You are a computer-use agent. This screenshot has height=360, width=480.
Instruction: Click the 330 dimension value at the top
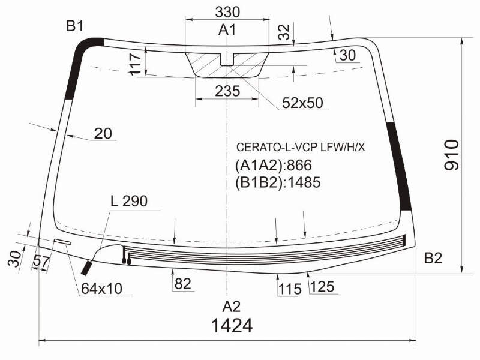click(227, 12)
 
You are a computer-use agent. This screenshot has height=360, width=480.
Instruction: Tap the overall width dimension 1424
click(232, 325)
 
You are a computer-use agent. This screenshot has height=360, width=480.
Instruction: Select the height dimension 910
click(452, 155)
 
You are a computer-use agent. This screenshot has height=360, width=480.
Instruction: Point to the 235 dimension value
click(227, 91)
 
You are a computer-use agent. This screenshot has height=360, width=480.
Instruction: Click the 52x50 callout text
click(302, 103)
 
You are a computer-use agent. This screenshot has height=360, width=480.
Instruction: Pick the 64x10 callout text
click(101, 289)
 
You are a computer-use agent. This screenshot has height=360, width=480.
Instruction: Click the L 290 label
click(129, 201)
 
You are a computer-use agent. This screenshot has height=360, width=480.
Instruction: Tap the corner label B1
click(75, 26)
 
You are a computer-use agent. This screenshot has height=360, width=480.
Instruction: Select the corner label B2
click(433, 259)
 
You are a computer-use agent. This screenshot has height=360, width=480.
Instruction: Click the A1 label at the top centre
click(227, 30)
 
